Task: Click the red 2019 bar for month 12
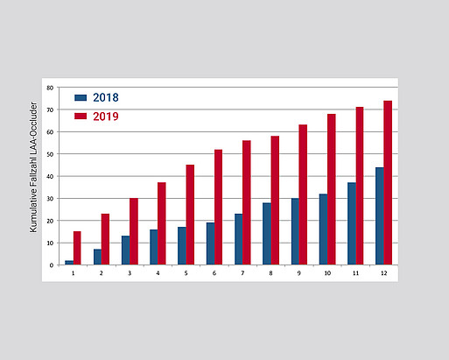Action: click(x=388, y=183)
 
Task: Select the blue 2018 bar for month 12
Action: click(x=380, y=216)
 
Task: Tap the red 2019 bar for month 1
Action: click(x=77, y=248)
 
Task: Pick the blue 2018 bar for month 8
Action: click(x=267, y=234)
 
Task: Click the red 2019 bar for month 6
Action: click(x=218, y=208)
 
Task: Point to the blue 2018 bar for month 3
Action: click(x=126, y=251)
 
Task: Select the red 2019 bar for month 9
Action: click(x=303, y=194)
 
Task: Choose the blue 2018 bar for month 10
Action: click(x=323, y=229)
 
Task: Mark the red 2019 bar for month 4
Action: click(x=162, y=223)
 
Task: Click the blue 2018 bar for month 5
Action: click(x=182, y=246)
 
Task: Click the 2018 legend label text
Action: click(x=106, y=97)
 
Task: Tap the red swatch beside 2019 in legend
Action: click(x=81, y=116)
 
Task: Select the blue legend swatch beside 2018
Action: click(x=81, y=97)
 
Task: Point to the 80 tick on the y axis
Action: click(x=50, y=88)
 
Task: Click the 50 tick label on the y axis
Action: click(x=50, y=154)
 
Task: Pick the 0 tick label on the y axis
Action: click(x=52, y=265)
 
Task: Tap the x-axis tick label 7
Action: click(x=242, y=273)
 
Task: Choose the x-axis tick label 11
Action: click(x=355, y=273)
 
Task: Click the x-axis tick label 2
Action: click(x=102, y=273)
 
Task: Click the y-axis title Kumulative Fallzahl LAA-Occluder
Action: click(x=33, y=167)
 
